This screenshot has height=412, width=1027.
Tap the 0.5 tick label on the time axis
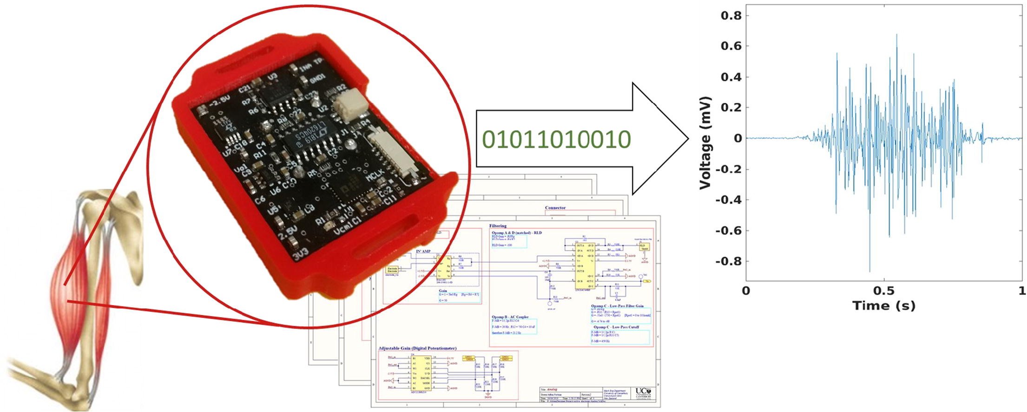tap(883, 291)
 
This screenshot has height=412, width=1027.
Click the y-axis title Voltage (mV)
tap(705, 143)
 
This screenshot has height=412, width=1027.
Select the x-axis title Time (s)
tap(883, 306)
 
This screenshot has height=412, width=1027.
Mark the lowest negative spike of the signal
tap(869, 272)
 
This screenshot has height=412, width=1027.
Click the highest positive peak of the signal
tap(896, 34)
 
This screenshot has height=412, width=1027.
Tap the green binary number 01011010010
tap(556, 139)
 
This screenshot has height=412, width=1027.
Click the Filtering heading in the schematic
tap(498, 226)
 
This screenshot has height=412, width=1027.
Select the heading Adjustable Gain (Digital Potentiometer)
tap(417, 348)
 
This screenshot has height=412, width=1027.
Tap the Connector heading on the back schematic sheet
tap(555, 208)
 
